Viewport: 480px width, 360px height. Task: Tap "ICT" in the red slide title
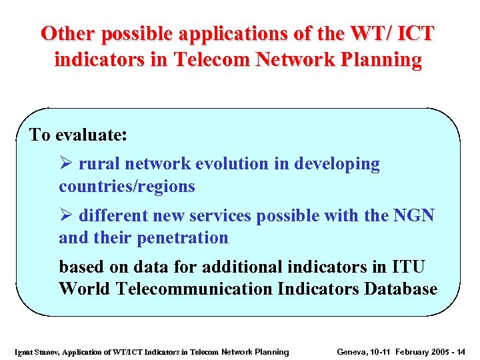(414, 33)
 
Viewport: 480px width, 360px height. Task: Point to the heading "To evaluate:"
(78, 135)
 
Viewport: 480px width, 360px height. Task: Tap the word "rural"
(97, 164)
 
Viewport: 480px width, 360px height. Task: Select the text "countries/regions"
(127, 187)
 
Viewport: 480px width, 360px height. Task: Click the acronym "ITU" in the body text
(407, 267)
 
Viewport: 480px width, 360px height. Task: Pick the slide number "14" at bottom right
(461, 352)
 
